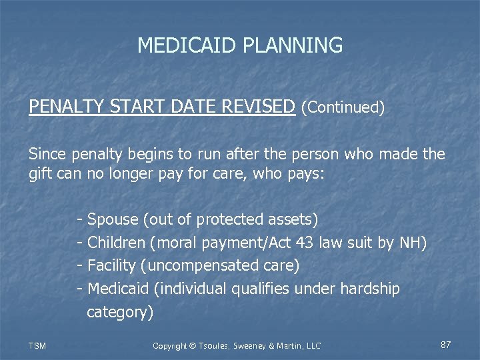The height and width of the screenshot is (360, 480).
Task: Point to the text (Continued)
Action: pos(343,107)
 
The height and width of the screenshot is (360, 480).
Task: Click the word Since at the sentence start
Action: pos(47,154)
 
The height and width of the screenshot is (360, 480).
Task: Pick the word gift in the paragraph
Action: pos(39,176)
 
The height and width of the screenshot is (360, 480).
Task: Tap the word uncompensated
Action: pos(201,265)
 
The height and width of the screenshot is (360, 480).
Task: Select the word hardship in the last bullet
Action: pos(370,289)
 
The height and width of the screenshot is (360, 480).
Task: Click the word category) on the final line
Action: pos(120,312)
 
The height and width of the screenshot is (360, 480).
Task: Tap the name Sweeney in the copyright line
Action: pos(253,345)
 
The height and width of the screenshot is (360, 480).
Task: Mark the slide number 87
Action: pos(446,345)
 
